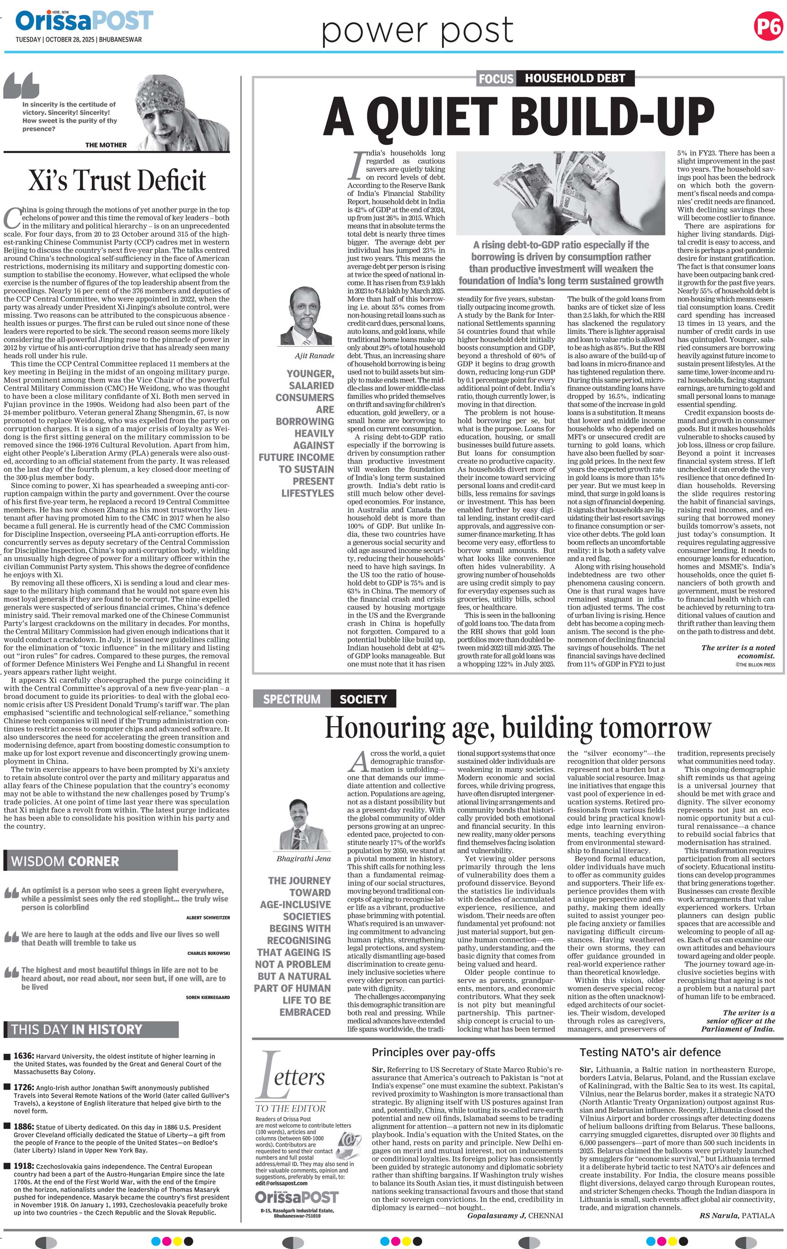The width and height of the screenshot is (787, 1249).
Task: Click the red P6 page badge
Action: (768, 26)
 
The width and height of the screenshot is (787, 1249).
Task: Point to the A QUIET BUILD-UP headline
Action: (518, 116)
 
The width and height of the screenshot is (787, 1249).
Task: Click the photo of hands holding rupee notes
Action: (560, 193)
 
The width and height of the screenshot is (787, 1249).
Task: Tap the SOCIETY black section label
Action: (363, 699)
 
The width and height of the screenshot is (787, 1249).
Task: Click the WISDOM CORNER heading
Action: (65, 862)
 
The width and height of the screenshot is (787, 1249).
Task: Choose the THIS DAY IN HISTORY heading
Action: (76, 1030)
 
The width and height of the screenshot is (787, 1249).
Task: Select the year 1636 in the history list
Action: (24, 1056)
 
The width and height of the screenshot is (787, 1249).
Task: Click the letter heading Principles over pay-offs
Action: (433, 1053)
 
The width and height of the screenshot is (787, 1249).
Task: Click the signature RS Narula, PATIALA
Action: (737, 1215)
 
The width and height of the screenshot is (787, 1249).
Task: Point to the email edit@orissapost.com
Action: (281, 1183)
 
